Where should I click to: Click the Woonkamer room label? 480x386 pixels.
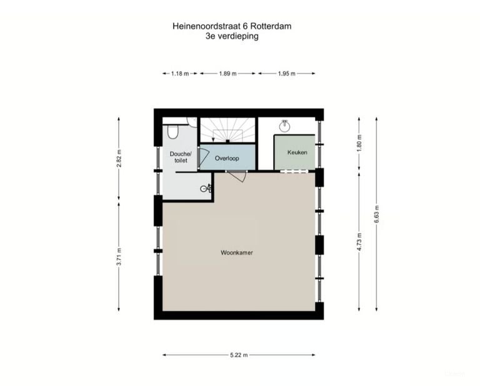coord(237,252)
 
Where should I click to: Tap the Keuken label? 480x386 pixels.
coord(297,152)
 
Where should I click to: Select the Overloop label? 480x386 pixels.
coord(227,158)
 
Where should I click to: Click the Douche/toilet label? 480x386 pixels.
coord(180,157)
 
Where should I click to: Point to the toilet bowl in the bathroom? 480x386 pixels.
coord(173,132)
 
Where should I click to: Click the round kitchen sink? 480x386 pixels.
coord(285,126)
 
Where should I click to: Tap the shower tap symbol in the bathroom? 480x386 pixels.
coord(206,189)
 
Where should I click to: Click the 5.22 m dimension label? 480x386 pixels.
coord(239,355)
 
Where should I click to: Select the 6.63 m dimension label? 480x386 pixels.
coord(376,214)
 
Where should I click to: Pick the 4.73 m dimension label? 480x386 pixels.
coord(359,242)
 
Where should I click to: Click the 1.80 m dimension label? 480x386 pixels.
coord(359,143)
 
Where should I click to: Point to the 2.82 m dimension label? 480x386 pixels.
coord(119,158)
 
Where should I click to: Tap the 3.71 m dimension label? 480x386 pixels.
coord(119,257)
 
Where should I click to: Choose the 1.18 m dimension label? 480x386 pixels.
coord(180,74)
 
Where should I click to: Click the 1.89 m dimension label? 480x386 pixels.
coord(227,74)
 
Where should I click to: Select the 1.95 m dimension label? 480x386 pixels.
coord(287,74)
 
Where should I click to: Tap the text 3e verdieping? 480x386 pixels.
coord(232,36)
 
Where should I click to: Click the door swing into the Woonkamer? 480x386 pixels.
coord(238,177)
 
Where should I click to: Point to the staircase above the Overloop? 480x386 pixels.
coord(227,130)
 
